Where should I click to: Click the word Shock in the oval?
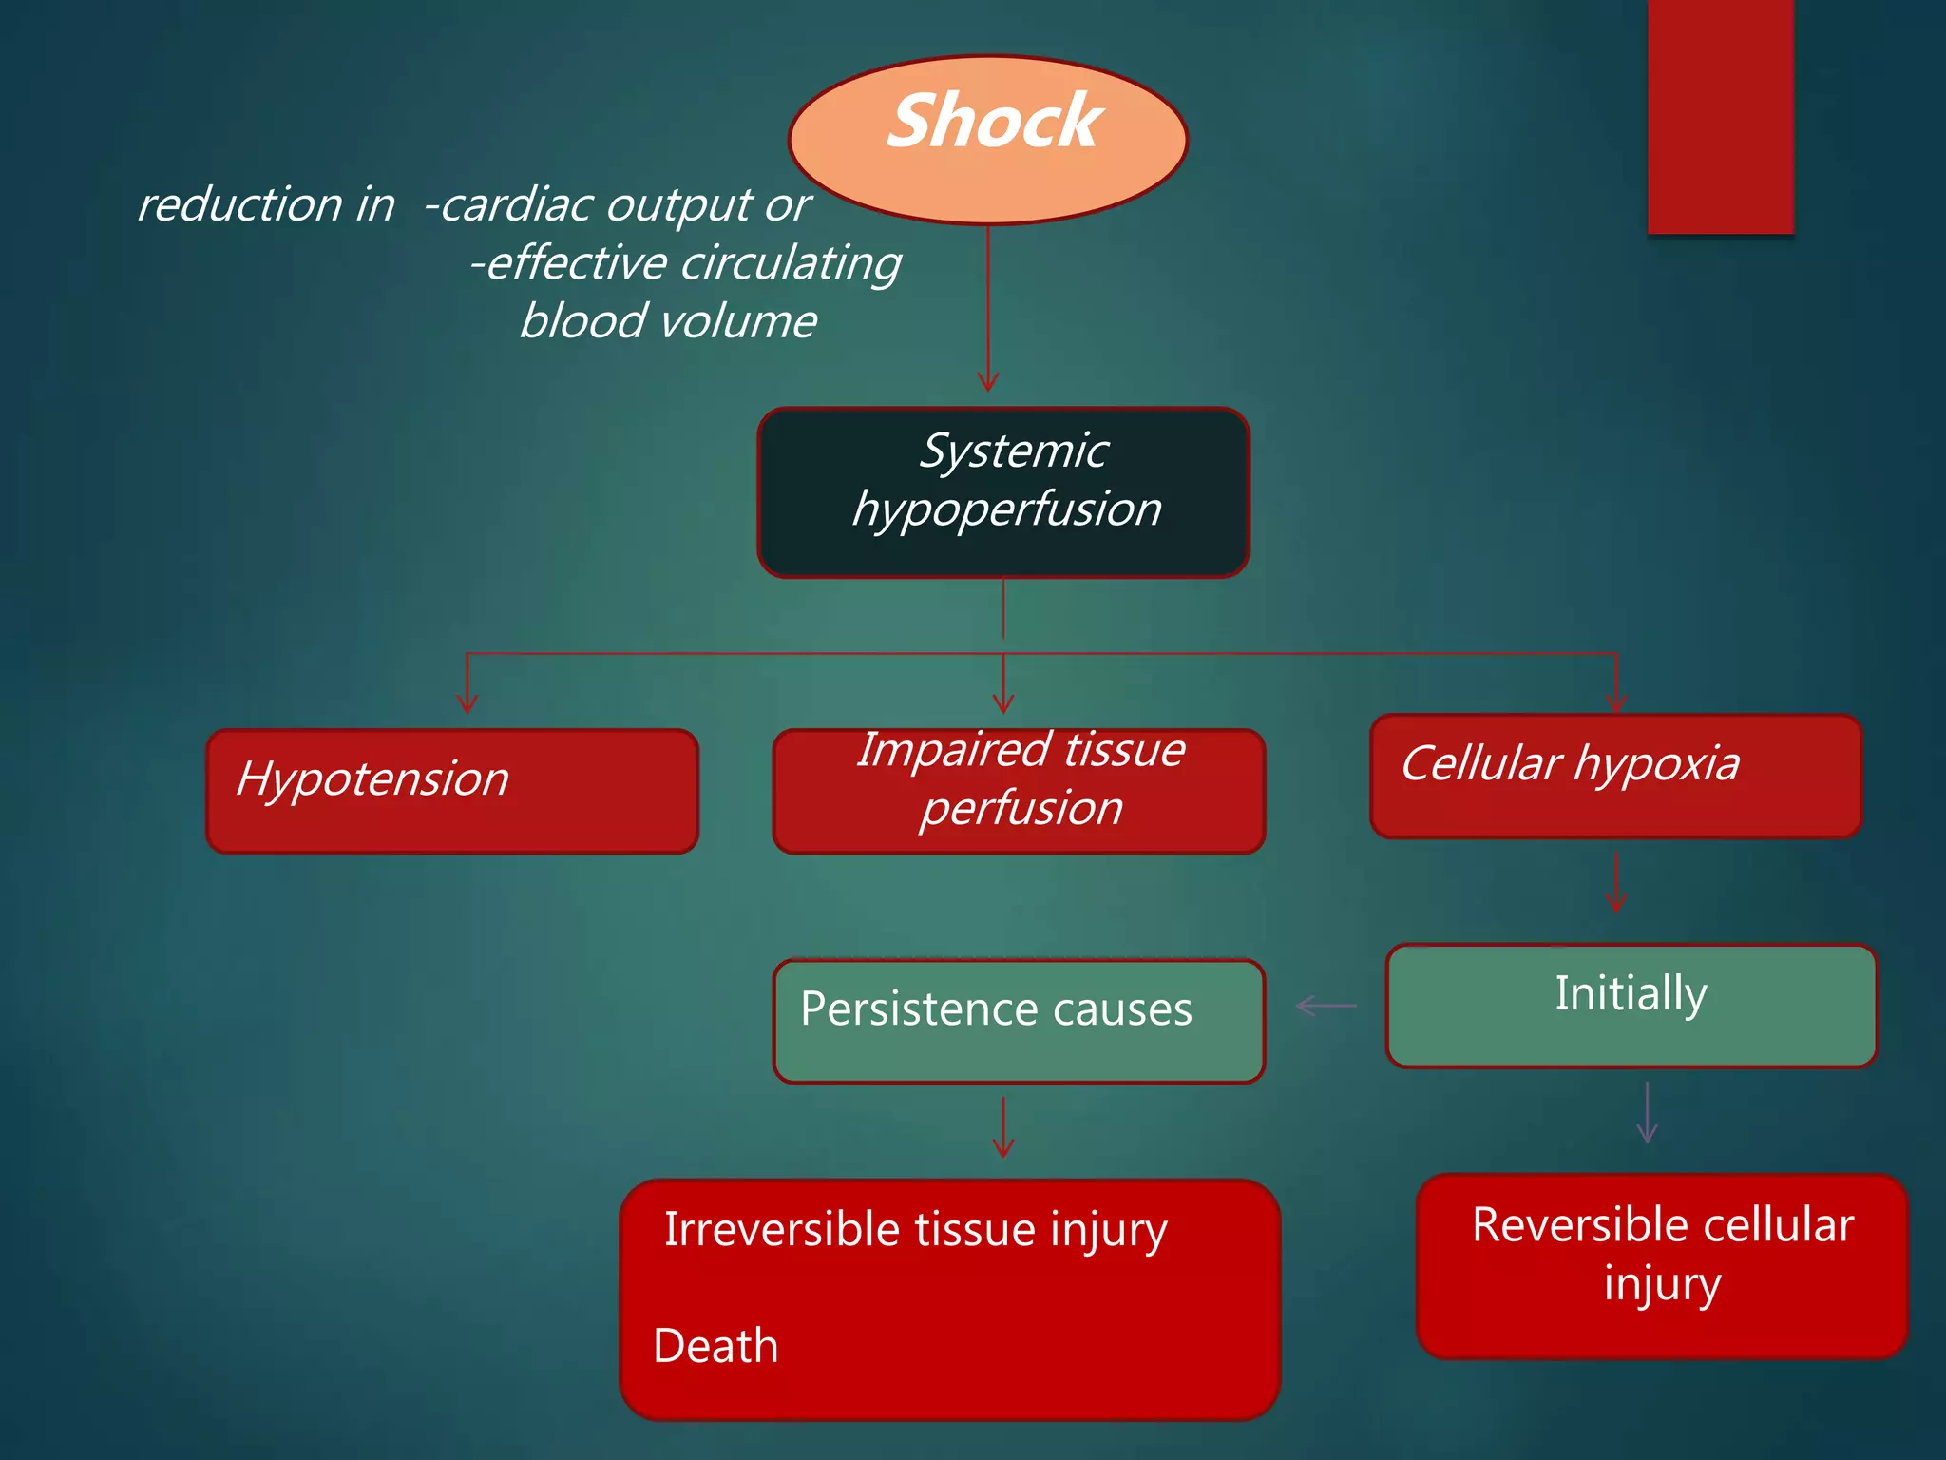(994, 122)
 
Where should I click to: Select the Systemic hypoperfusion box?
(1003, 492)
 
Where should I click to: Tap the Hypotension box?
(452, 791)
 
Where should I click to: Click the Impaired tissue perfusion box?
(1019, 791)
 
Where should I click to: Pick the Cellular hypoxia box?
(1615, 777)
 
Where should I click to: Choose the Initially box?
(1631, 1005)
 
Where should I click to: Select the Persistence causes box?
(1019, 1021)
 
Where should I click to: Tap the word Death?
(715, 1346)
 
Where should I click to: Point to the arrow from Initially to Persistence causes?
(1326, 1006)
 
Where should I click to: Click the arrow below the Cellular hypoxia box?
(1616, 882)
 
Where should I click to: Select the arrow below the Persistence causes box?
(1003, 1127)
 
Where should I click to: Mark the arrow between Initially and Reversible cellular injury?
(1648, 1112)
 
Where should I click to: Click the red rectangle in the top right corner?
(1720, 116)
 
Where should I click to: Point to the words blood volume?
(668, 321)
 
